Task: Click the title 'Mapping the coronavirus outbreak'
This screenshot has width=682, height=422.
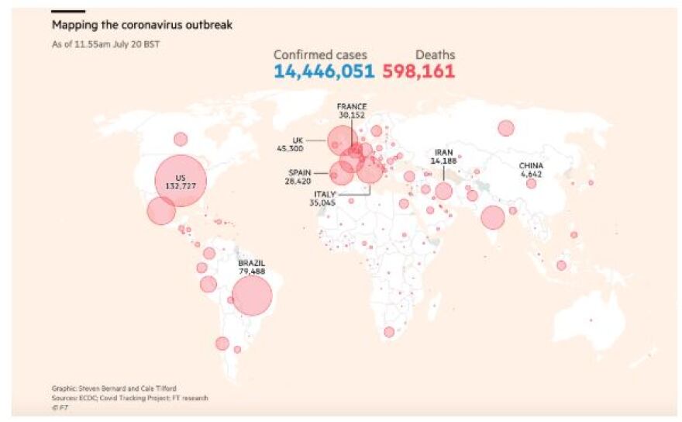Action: [142, 25]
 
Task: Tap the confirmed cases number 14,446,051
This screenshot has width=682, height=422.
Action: [323, 71]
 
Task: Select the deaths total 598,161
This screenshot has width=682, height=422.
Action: [418, 71]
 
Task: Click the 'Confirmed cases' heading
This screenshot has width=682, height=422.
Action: [320, 54]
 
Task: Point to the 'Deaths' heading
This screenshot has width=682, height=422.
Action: [435, 54]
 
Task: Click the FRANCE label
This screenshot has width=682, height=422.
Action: [351, 105]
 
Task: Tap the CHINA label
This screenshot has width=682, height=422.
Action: [531, 166]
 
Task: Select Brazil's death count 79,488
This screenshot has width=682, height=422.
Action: [253, 272]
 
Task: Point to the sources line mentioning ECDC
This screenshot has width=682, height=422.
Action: [130, 397]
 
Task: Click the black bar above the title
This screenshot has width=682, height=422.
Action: [68, 12]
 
